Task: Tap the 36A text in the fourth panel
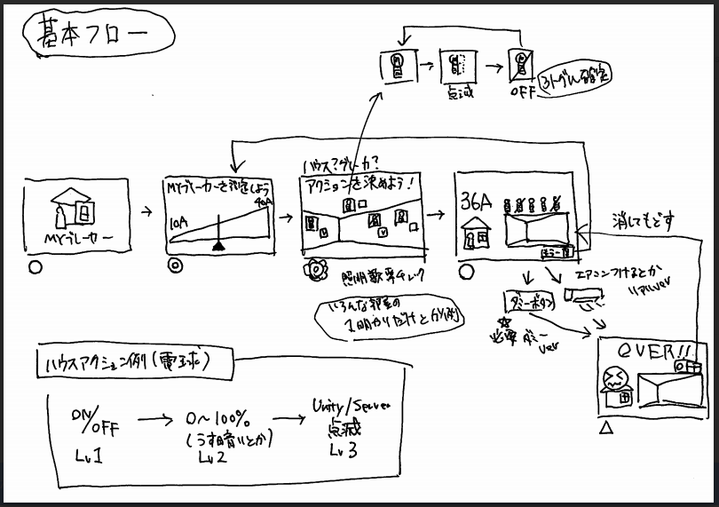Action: [476, 202]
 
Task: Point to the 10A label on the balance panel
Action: [179, 226]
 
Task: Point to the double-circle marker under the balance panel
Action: [175, 265]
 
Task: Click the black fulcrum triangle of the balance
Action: [217, 248]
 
